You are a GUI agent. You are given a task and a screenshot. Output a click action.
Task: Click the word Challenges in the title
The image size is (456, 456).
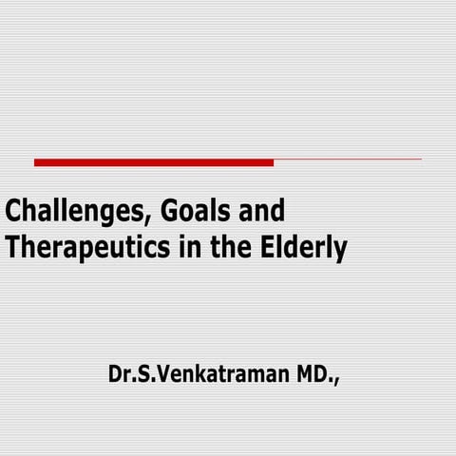tap(66, 211)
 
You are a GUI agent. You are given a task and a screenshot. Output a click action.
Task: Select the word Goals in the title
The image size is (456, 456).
tap(182, 211)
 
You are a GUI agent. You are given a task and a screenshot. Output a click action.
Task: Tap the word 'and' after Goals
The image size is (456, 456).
tap(257, 211)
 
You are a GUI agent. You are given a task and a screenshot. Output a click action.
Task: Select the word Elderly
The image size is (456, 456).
tap(301, 249)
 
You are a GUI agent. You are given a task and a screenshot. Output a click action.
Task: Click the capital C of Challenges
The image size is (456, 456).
tap(13, 211)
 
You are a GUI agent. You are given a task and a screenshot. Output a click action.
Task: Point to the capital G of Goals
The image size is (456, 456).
tap(156, 211)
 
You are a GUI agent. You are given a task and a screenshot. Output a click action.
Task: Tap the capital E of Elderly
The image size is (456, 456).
tap(266, 248)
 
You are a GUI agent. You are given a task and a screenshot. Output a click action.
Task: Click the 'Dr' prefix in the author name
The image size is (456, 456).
tap(120, 375)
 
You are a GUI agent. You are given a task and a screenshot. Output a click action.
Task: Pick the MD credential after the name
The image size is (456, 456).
tap(310, 375)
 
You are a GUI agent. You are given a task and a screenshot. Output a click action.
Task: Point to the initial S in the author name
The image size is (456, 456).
tap(144, 375)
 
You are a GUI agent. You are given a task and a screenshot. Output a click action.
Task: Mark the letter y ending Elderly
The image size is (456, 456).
tap(339, 252)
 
